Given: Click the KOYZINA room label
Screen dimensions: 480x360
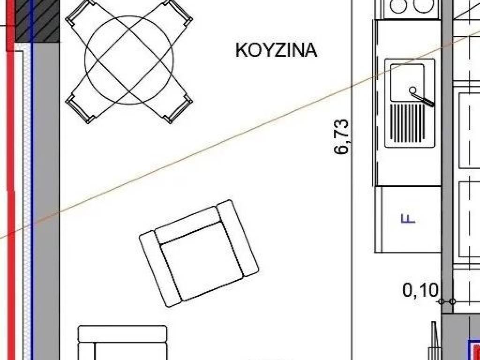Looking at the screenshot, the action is [x=276, y=50].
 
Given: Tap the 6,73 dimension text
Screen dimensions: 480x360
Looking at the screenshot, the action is [x=341, y=137].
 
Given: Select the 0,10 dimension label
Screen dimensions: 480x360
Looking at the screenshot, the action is [x=420, y=290].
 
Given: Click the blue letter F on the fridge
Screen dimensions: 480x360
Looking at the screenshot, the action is [x=408, y=218].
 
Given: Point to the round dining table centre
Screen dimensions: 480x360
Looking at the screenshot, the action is [x=129, y=60].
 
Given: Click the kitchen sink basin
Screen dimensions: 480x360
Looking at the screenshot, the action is [x=407, y=82].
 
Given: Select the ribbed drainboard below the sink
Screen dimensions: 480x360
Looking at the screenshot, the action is [x=407, y=123].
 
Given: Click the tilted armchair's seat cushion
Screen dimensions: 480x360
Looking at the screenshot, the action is [x=202, y=260].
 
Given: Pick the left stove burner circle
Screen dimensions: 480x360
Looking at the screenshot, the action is [x=398, y=6].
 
